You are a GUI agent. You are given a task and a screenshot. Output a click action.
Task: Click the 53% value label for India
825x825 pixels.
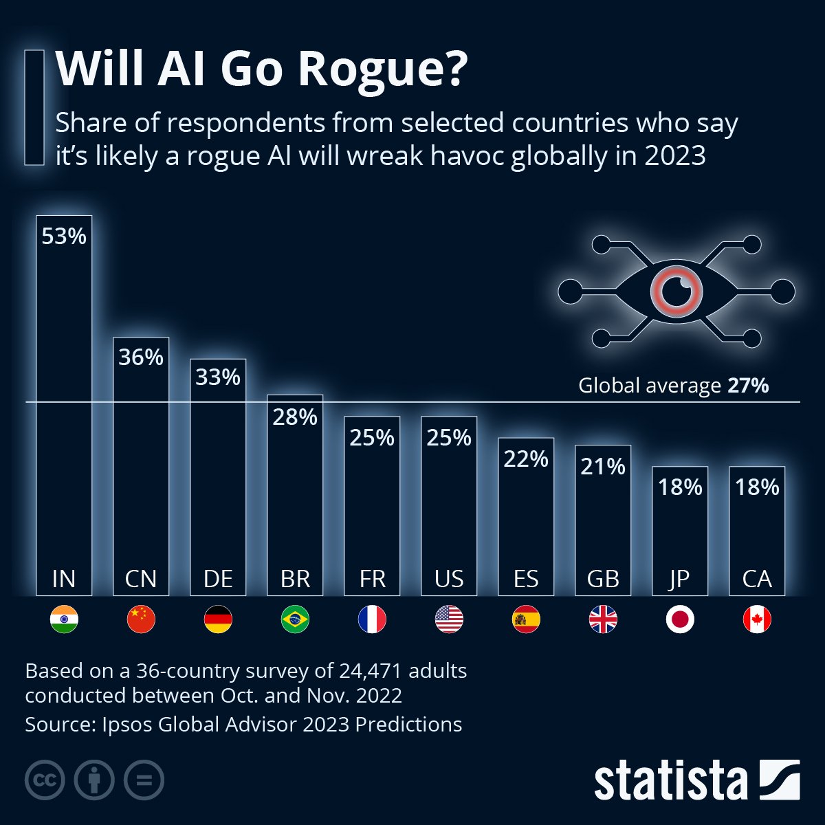coord(64,236)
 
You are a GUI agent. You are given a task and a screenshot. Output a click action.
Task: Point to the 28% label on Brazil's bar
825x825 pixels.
coord(295,417)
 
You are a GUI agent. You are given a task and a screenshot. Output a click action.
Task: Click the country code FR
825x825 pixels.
coord(372,579)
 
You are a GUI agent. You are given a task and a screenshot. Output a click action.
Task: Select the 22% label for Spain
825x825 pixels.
coord(526,459)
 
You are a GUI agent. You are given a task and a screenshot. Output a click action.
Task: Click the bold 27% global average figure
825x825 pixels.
coord(748,386)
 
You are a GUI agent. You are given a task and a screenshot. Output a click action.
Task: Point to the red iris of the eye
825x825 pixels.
coord(676,291)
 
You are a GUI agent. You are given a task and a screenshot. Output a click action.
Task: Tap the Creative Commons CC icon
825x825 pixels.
coord(45,780)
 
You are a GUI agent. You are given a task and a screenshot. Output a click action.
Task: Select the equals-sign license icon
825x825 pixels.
coord(144,780)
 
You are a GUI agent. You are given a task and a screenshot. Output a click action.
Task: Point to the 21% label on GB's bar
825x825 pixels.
coord(603,467)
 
